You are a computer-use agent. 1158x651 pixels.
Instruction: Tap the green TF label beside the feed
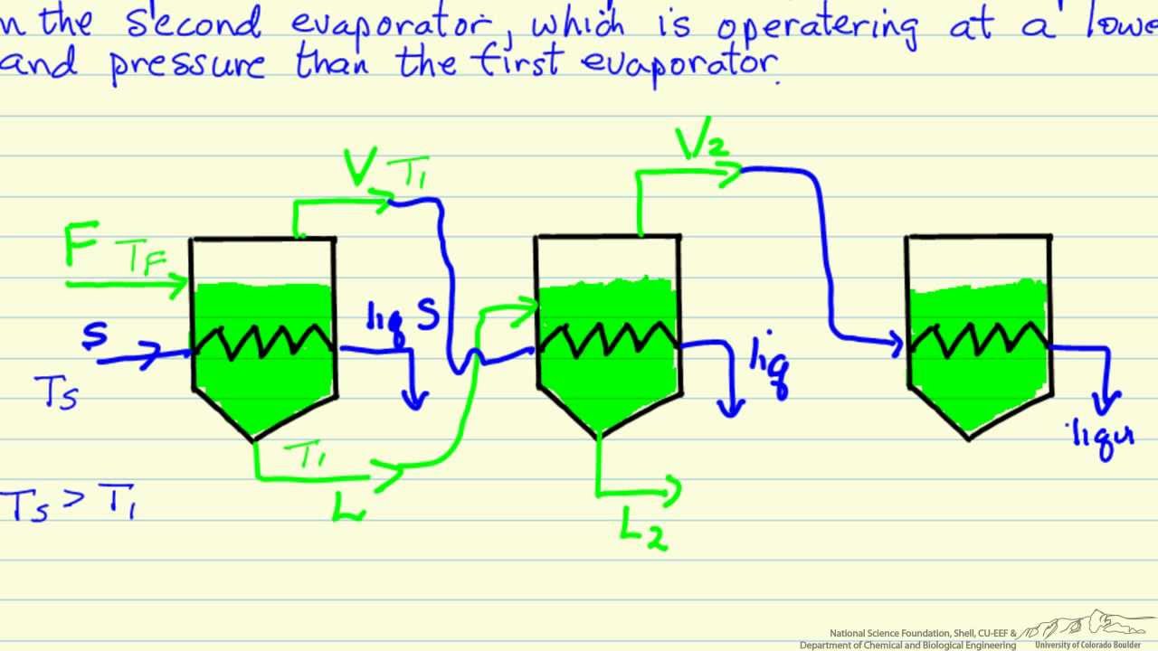[142, 261]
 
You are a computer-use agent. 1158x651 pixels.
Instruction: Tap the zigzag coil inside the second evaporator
[608, 339]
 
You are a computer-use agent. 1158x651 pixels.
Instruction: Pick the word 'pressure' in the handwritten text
[187, 65]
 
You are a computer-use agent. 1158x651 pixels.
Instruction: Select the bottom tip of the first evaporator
[255, 440]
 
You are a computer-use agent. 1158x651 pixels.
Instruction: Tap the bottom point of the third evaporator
[969, 439]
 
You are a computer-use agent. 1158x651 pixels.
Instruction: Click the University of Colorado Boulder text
[1089, 645]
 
